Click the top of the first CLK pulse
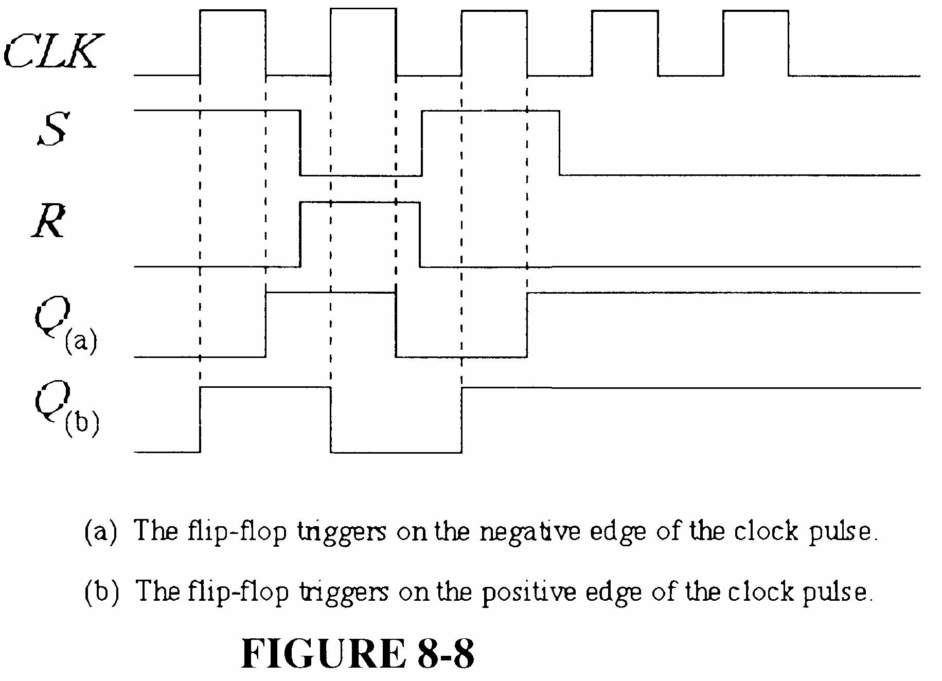coord(233,10)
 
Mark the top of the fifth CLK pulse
coord(755,10)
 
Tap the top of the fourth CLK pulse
coord(625,10)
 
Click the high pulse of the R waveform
coord(360,203)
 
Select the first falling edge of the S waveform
coord(300,142)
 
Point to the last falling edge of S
coord(559,142)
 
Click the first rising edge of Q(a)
coord(265,324)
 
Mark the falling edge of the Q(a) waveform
coord(396,324)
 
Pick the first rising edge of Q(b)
coord(200,419)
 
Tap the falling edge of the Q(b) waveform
coord(331,419)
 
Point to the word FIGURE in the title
coord(323,653)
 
